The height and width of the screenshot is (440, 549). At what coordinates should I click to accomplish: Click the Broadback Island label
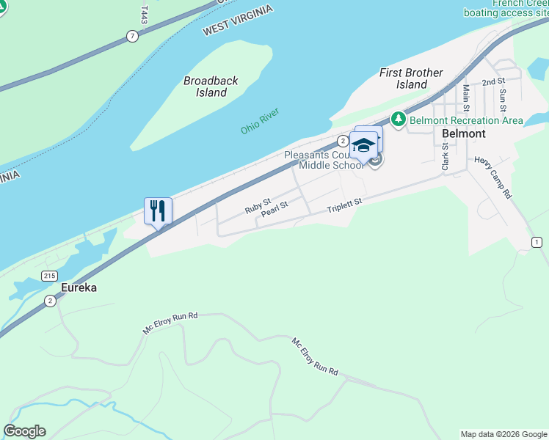[211, 87]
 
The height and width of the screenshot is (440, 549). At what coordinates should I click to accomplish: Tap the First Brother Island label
[411, 78]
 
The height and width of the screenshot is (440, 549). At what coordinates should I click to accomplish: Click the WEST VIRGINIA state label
[237, 20]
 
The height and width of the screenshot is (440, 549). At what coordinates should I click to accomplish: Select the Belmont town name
[464, 133]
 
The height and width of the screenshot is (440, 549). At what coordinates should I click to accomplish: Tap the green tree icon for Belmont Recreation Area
[399, 118]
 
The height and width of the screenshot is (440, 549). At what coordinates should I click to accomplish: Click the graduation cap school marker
[363, 144]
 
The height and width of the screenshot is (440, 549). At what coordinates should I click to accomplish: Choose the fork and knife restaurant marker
[159, 210]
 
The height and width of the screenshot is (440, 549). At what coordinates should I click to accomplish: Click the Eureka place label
[79, 287]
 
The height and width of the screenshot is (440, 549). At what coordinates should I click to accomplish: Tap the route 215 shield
[49, 276]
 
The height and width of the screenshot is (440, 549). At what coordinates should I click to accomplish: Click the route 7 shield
[132, 35]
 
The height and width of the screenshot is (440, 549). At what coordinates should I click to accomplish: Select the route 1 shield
[537, 242]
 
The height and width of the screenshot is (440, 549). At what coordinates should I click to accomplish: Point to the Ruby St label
[258, 205]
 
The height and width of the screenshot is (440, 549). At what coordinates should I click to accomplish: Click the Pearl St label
[274, 211]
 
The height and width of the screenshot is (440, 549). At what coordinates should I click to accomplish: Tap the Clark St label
[445, 157]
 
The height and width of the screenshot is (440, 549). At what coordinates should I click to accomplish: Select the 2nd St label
[493, 81]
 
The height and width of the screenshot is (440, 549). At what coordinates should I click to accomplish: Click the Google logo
[24, 431]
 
